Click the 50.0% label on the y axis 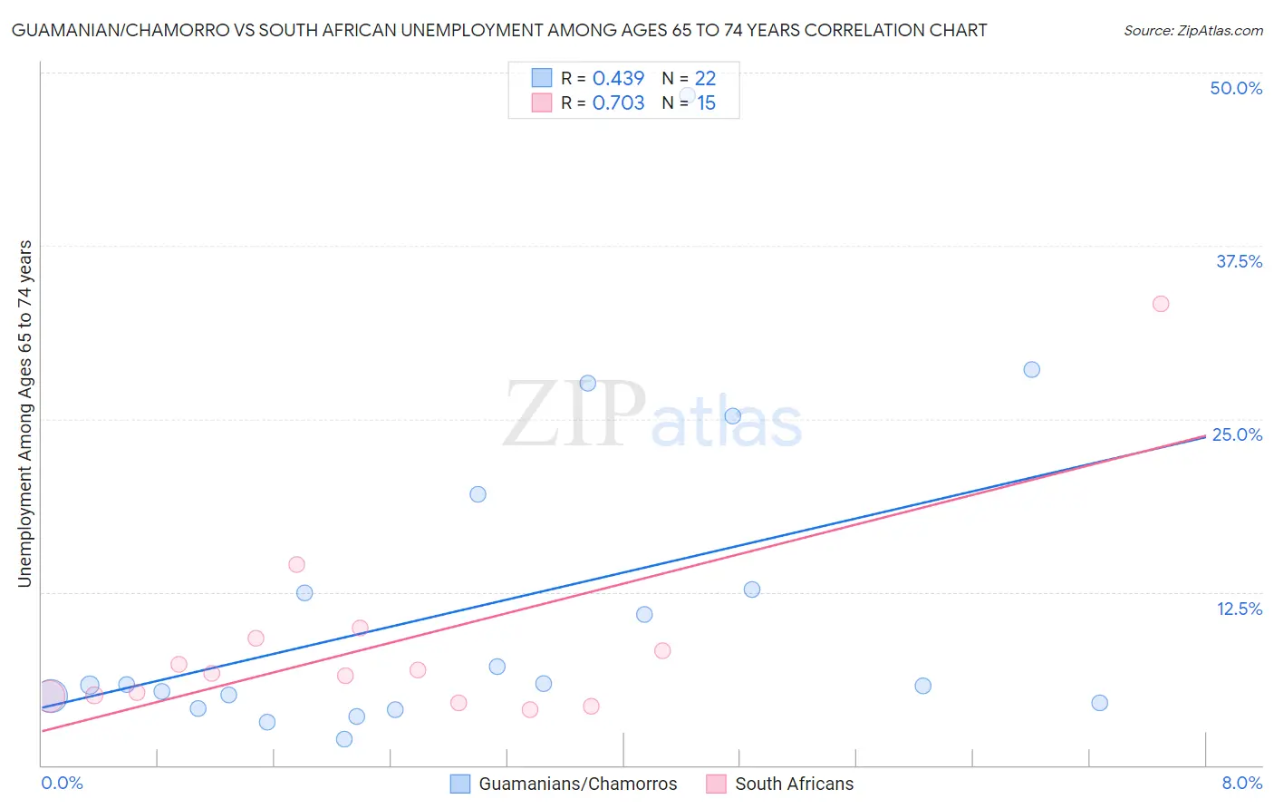[1236, 88]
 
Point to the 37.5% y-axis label [1239, 261]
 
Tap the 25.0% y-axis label [1237, 434]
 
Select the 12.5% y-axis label [1239, 609]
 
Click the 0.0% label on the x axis [62, 783]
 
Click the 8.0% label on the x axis [1241, 783]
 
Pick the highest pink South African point [1161, 304]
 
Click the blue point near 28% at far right [1031, 369]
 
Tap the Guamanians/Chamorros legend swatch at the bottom [460, 784]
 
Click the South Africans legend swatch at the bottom [717, 784]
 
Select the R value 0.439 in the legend [618, 79]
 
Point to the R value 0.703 [618, 103]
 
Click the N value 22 [705, 79]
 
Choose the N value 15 [706, 103]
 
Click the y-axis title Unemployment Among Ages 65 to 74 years [25, 414]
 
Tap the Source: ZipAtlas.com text [1192, 31]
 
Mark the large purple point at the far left [51, 697]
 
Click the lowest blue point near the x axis [344, 739]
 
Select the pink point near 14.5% [296, 564]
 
